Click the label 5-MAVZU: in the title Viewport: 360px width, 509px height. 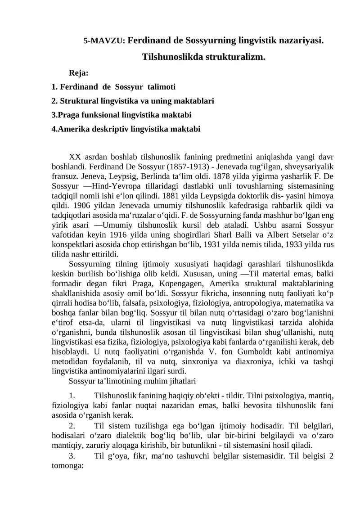(x=105, y=41)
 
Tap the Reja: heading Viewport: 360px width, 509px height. (x=78, y=72)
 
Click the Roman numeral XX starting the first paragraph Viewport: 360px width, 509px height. (x=75, y=157)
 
